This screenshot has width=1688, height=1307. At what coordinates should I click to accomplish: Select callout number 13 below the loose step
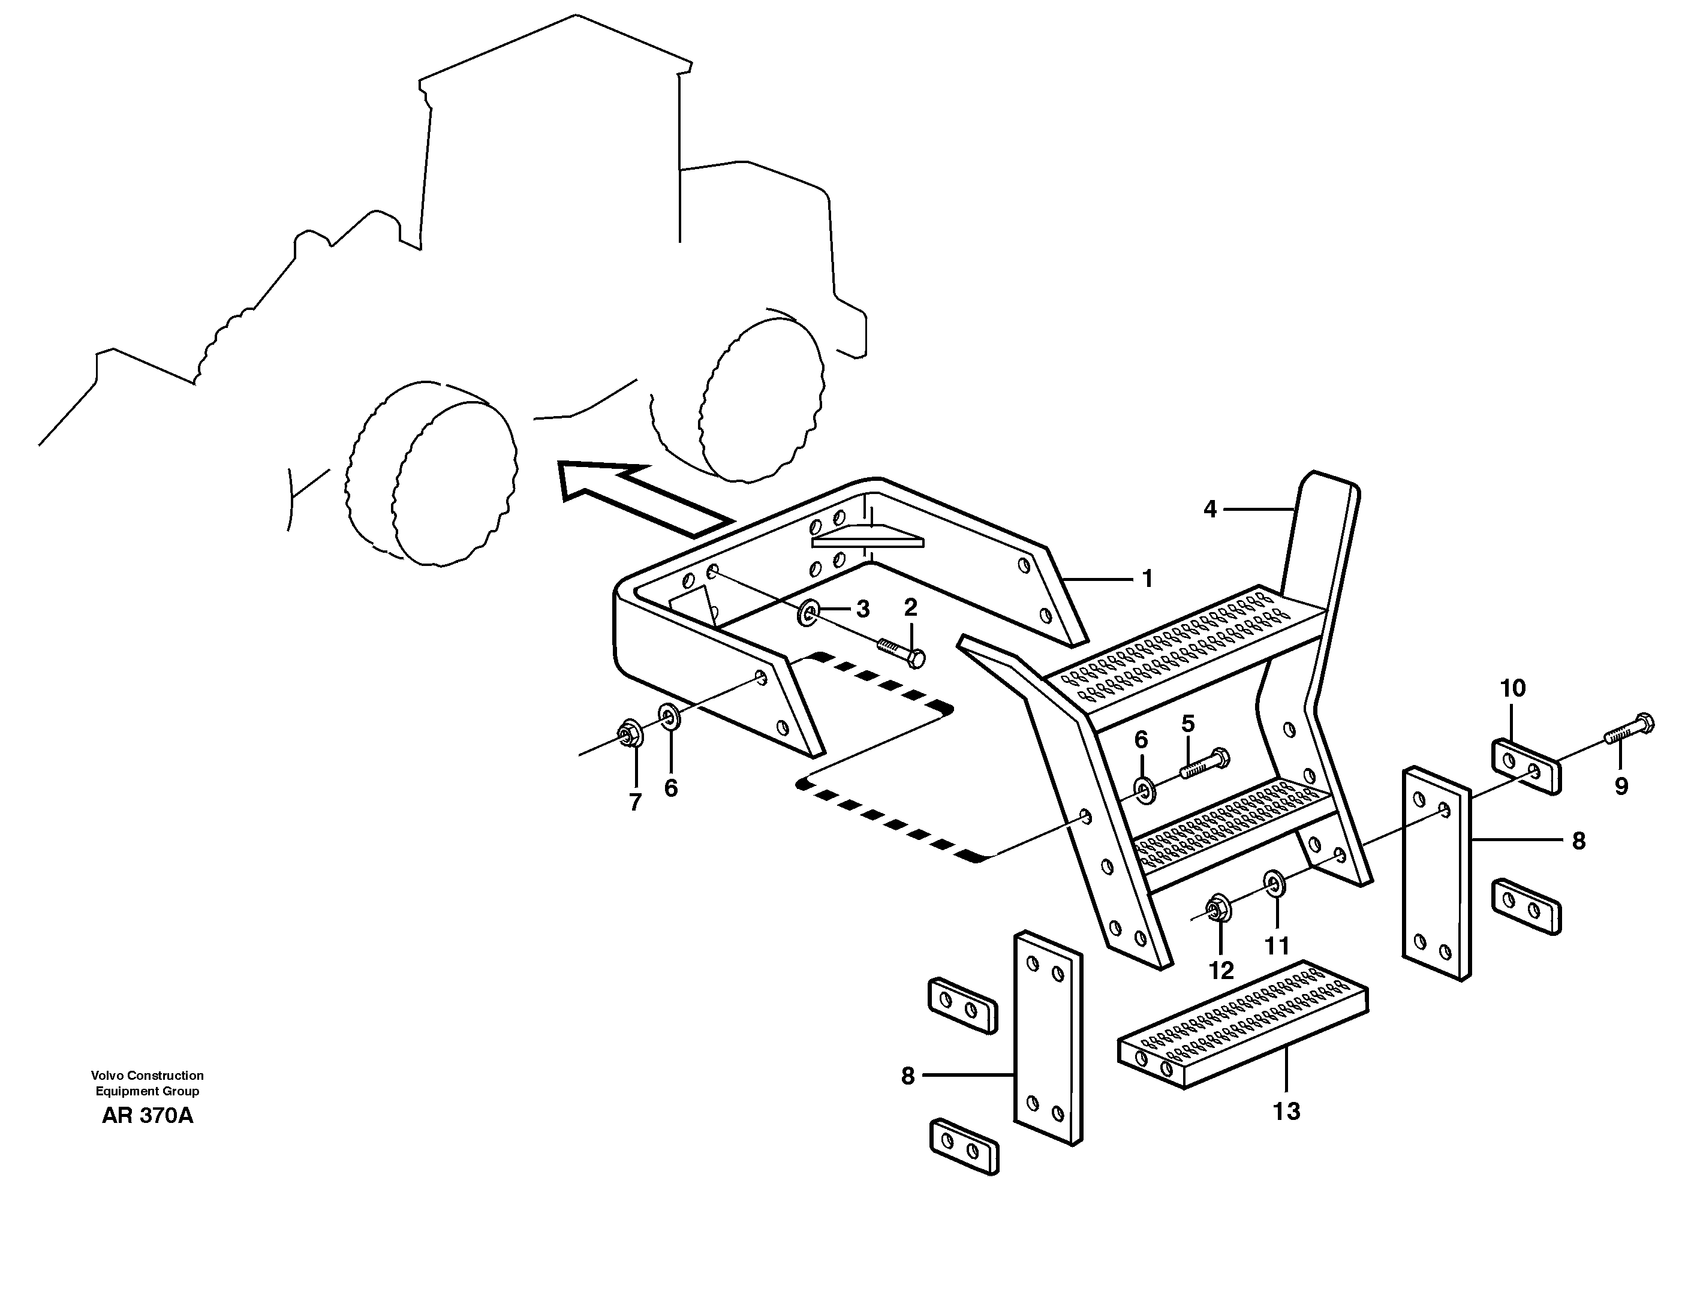(x=1286, y=1112)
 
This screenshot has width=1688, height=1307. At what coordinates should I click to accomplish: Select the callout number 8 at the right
(x=1578, y=841)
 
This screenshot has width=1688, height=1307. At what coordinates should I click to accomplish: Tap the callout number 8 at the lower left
(x=907, y=1076)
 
